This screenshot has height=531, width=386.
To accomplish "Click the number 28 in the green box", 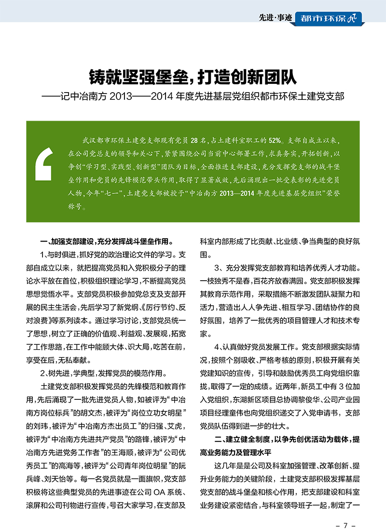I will [194, 141].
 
